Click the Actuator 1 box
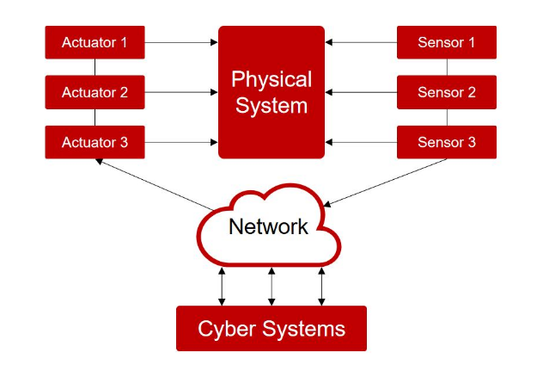point(95,42)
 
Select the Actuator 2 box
point(95,92)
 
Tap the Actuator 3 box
point(95,142)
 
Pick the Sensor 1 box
point(447,42)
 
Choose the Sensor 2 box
point(447,92)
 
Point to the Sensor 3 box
point(447,142)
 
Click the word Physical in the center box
point(271,80)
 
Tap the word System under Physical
point(271,106)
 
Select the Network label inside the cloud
point(268,226)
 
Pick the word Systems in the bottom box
point(303,329)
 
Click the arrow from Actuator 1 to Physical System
point(181,42)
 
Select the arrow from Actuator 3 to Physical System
point(181,142)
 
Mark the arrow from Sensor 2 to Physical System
point(361,92)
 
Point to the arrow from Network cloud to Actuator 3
point(155,184)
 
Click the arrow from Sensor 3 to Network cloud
point(385,182)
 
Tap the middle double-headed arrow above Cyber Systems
point(271,287)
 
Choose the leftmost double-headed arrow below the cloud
point(222,287)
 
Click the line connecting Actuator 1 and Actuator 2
point(95,67)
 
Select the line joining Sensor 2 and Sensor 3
point(447,118)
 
